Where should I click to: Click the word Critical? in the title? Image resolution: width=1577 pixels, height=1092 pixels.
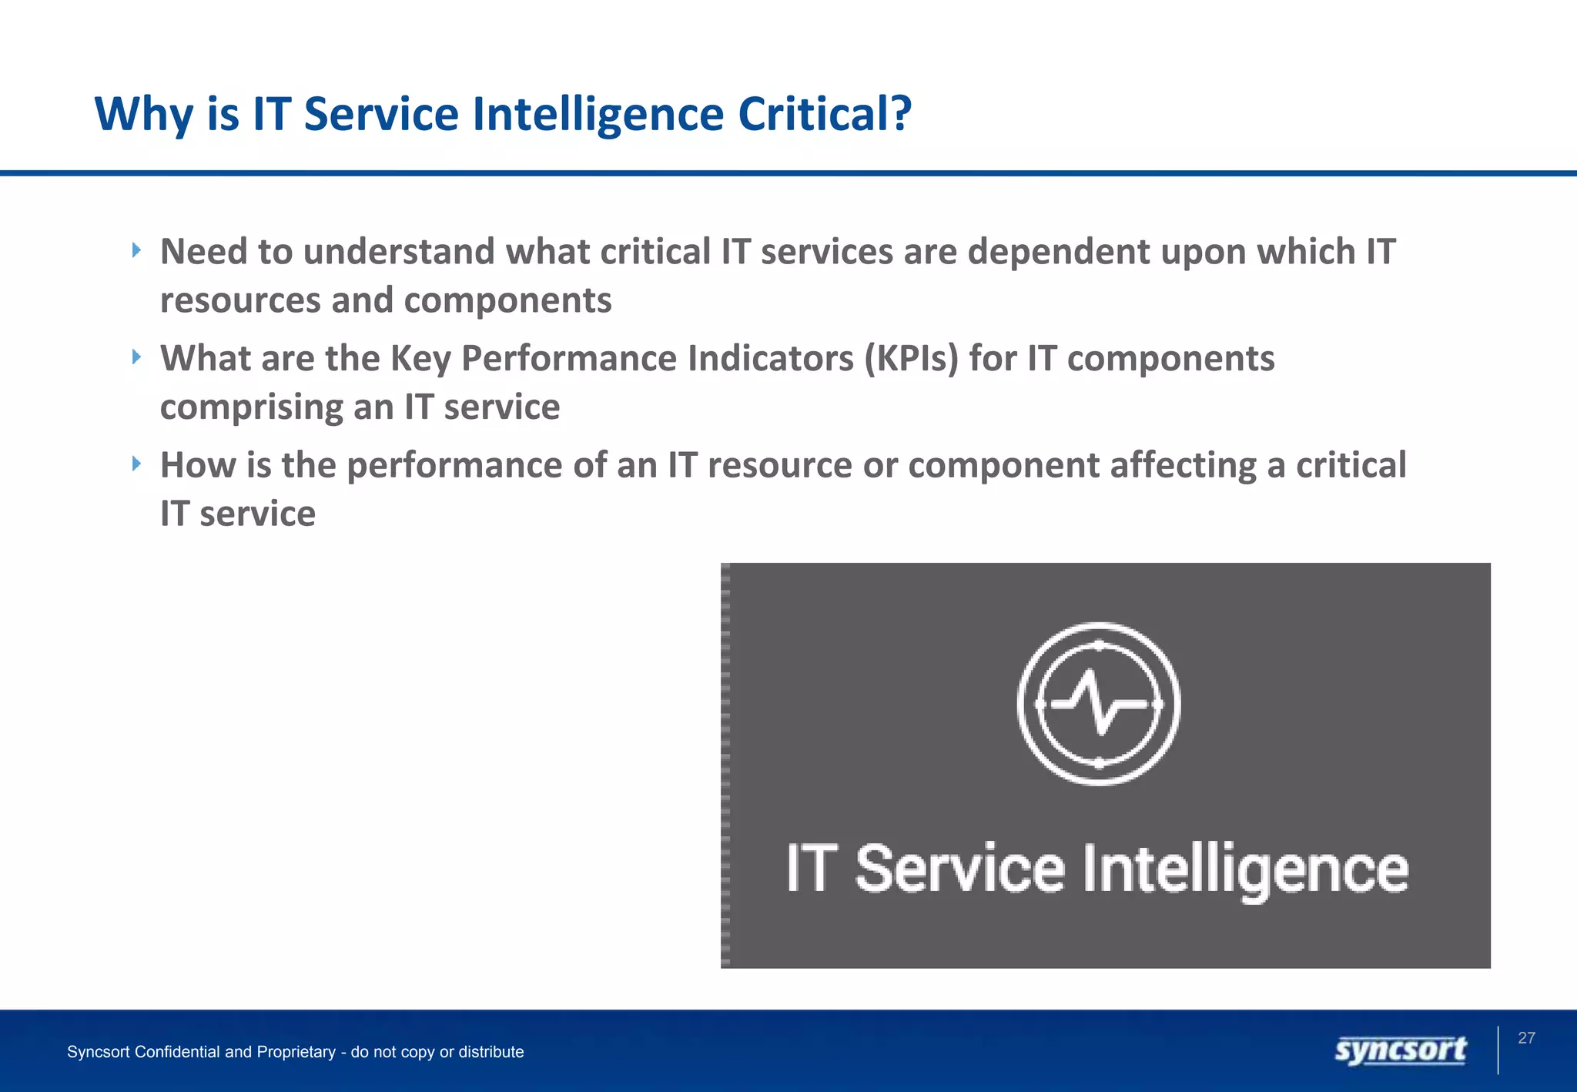[824, 114]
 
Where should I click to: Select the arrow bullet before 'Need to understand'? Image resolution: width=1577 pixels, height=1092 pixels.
[136, 250]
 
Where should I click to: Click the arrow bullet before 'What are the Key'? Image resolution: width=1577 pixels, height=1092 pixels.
[136, 357]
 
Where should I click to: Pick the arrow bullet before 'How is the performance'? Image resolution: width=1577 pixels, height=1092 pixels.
[136, 464]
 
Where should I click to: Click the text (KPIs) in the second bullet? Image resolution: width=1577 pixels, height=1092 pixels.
[911, 359]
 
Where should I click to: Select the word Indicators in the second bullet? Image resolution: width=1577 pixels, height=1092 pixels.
[770, 359]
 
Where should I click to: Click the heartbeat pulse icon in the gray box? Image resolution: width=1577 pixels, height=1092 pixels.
[1099, 704]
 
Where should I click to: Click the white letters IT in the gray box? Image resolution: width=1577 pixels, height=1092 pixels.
[809, 868]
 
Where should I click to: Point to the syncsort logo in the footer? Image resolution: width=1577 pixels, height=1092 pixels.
[1401, 1050]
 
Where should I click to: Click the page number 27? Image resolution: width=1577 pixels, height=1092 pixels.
[1526, 1038]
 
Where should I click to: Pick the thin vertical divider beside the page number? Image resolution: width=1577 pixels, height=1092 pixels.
[1498, 1050]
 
